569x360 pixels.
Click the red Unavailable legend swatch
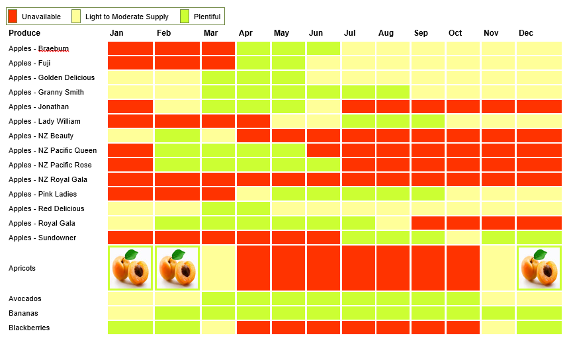[13, 17]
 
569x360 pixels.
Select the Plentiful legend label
[207, 17]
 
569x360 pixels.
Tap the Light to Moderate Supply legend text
[126, 17]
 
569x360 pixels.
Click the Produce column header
[24, 33]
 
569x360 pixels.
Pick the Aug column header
[386, 33]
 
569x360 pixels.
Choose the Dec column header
[526, 33]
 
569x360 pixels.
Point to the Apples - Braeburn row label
[38, 48]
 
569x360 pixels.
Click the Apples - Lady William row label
[44, 121]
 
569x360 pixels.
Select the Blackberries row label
[29, 328]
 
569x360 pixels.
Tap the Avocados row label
[25, 298]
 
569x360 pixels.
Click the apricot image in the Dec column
[539, 268]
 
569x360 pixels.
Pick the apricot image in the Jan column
[130, 268]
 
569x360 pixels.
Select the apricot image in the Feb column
[177, 268]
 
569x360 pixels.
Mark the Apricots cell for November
[498, 268]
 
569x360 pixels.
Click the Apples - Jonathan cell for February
[177, 107]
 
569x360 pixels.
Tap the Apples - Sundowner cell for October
[462, 238]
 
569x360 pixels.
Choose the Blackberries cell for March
[218, 328]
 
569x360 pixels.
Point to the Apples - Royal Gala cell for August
[393, 223]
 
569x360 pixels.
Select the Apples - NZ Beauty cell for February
[177, 136]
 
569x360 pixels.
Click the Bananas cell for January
[130, 313]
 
